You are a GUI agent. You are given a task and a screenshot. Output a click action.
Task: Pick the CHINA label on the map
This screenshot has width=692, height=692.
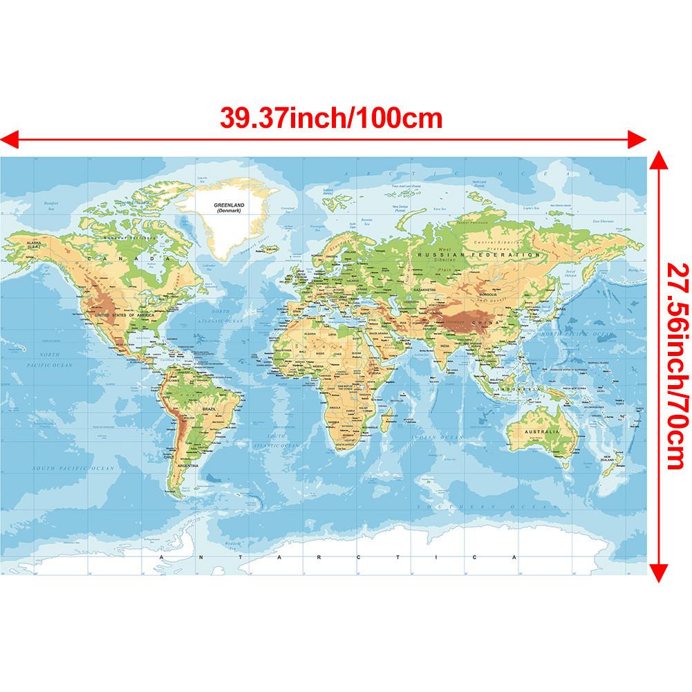click(x=478, y=322)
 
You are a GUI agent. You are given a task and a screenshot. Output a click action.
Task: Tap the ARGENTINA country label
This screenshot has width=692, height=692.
click(x=187, y=467)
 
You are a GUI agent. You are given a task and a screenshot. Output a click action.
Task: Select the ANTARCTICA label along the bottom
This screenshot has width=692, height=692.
click(x=339, y=557)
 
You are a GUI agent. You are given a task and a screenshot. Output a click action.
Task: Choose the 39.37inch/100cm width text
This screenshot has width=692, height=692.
click(x=331, y=117)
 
